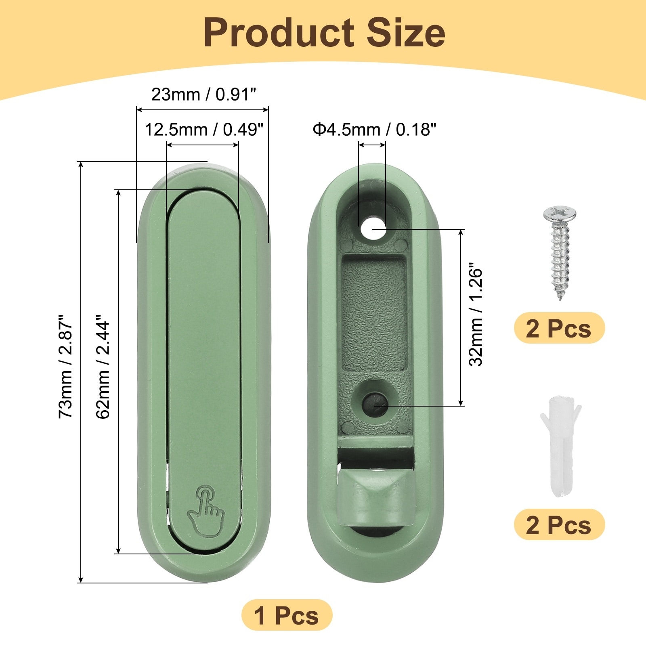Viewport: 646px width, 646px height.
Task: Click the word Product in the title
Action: tap(279, 33)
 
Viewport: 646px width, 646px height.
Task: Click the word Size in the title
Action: tap(405, 33)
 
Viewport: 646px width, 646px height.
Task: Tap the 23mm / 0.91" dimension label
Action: tap(203, 94)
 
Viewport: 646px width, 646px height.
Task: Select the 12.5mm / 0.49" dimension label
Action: tap(204, 130)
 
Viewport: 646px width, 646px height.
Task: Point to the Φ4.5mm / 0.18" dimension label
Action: tap(375, 130)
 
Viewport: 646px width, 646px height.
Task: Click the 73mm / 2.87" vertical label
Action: tap(65, 366)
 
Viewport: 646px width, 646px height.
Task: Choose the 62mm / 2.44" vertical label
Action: tap(103, 366)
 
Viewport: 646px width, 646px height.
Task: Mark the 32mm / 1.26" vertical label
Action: tap(476, 315)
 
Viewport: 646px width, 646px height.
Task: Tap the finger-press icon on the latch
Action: tap(206, 511)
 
